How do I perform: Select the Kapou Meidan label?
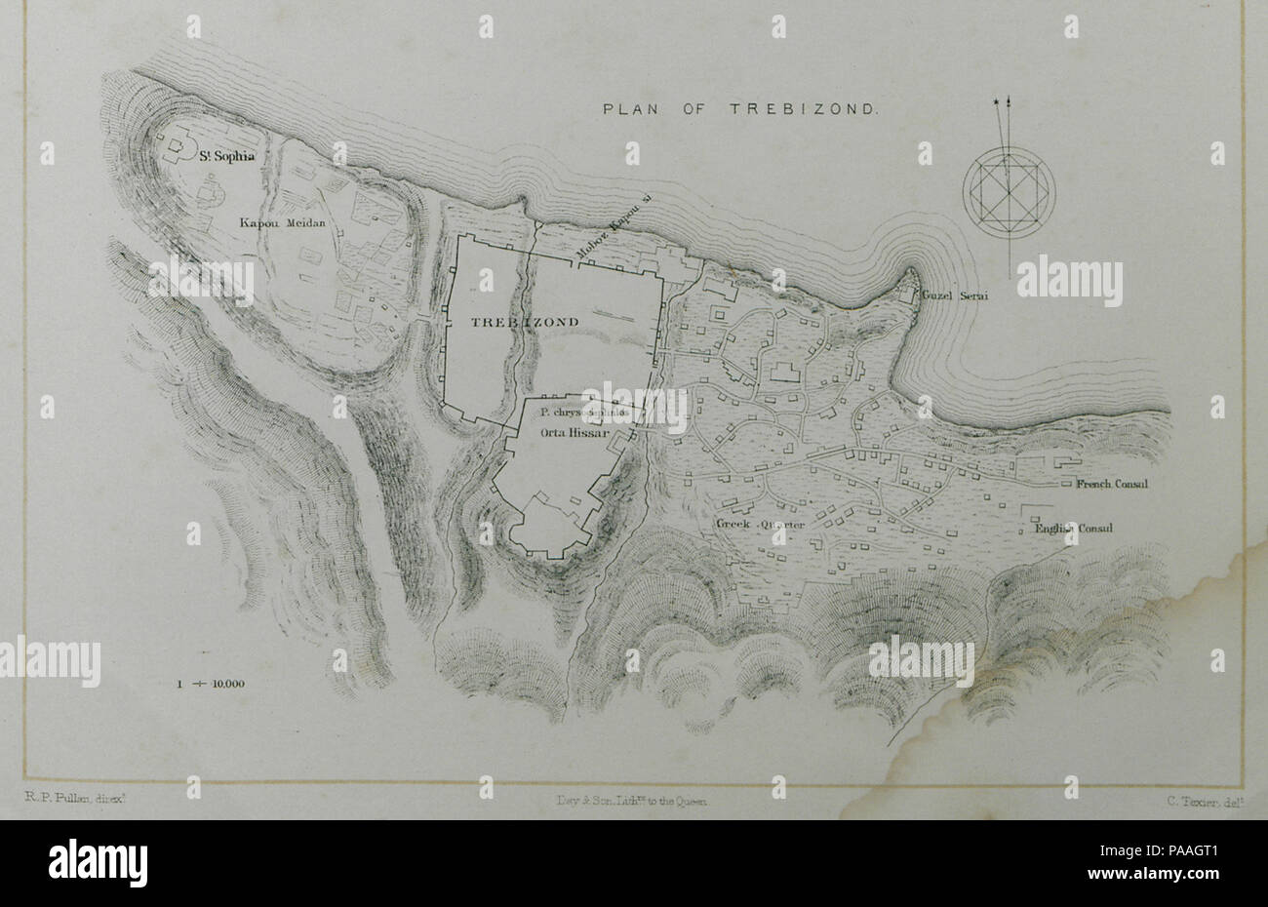tap(281, 223)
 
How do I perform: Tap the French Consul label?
tap(1114, 484)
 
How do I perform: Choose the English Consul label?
tap(1073, 530)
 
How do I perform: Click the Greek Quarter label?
tap(761, 525)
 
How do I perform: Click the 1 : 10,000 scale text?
tap(211, 684)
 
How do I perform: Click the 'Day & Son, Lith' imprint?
tap(629, 800)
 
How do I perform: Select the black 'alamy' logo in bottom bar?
tap(99, 862)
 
